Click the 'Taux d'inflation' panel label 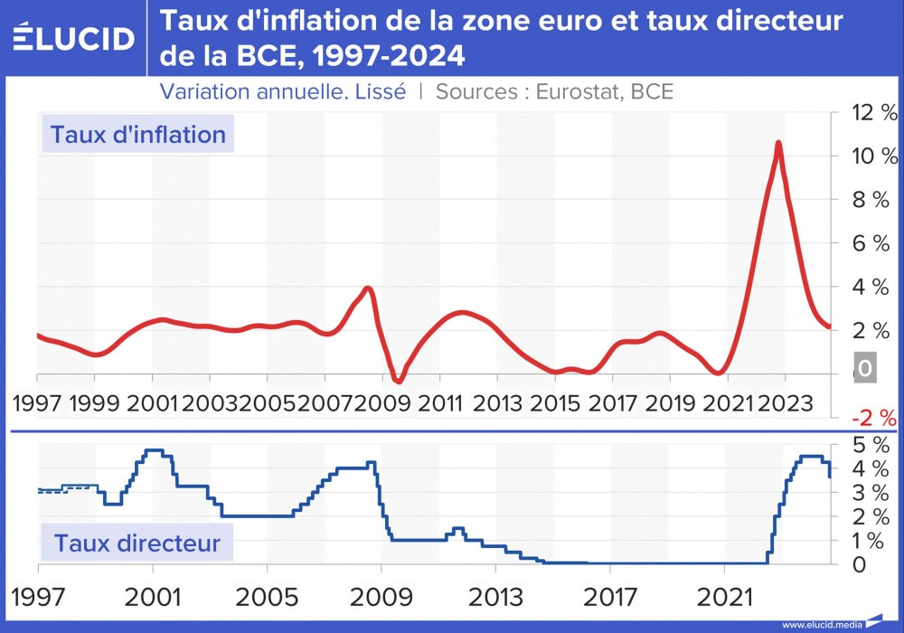pyautogui.click(x=137, y=135)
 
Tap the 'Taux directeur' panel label pyautogui.click(x=137, y=543)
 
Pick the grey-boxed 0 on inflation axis pyautogui.click(x=864, y=369)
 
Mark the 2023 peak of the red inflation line pyautogui.click(x=777, y=143)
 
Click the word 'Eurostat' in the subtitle pyautogui.click(x=575, y=91)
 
